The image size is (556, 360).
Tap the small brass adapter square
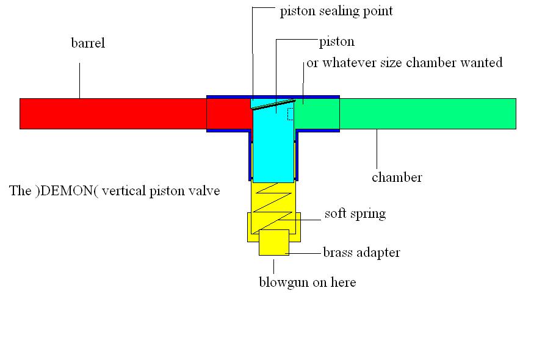(x=273, y=243)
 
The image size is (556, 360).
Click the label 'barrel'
(x=88, y=43)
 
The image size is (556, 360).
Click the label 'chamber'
(x=397, y=178)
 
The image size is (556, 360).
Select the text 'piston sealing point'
(x=336, y=12)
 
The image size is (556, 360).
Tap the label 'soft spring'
(x=355, y=214)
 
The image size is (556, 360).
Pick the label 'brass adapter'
(x=361, y=252)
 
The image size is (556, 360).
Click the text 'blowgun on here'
(x=307, y=282)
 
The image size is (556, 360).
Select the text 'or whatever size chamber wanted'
(x=404, y=62)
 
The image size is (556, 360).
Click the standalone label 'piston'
(x=336, y=42)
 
